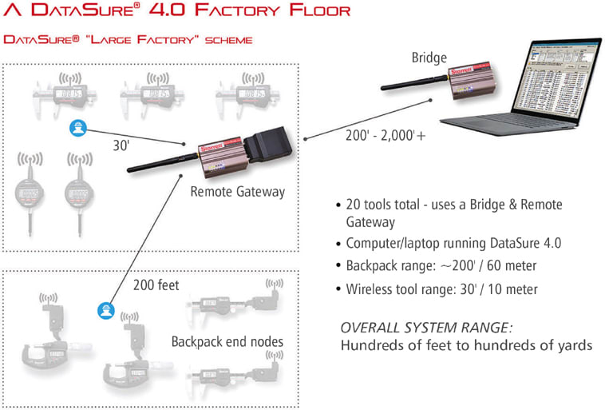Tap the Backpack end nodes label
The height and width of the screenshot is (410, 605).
coord(227,341)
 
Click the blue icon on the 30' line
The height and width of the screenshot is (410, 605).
coord(77,127)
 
